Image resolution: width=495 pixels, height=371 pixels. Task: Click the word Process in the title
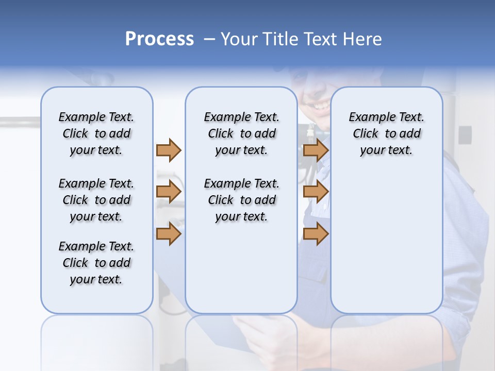(159, 39)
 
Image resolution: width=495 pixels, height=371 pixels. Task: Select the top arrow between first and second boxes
(169, 150)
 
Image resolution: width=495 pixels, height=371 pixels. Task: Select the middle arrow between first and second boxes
(169, 192)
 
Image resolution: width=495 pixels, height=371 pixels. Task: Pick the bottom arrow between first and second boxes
(169, 233)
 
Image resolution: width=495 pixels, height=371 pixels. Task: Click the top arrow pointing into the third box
(316, 150)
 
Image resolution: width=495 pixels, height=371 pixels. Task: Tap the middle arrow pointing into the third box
(316, 192)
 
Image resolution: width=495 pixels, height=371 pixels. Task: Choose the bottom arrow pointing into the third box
(316, 233)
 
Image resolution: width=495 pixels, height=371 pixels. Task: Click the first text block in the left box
(96, 133)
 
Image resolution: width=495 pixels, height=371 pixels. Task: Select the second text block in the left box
(96, 200)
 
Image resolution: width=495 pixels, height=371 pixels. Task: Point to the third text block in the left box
(96, 263)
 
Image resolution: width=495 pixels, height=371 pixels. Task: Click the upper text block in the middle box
(241, 133)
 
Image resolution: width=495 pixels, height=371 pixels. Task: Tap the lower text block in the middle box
(241, 200)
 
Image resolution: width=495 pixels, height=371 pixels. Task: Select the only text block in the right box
(386, 133)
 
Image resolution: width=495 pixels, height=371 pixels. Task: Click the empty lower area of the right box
(386, 242)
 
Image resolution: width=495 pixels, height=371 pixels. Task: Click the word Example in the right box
(367, 117)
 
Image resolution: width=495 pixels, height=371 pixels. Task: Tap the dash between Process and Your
(209, 39)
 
